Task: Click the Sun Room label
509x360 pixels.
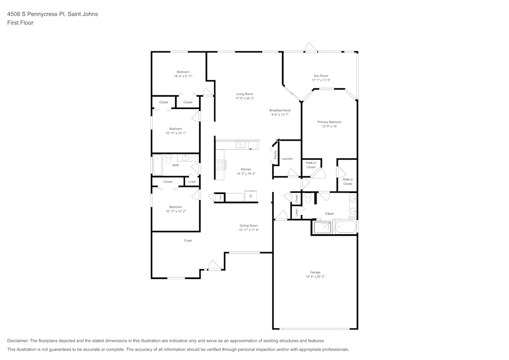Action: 321,76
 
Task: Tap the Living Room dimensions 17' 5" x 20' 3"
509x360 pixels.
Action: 244,98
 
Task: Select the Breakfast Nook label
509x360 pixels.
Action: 279,110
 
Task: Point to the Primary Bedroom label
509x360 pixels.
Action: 329,122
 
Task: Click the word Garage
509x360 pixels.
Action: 315,272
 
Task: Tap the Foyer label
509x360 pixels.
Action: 188,240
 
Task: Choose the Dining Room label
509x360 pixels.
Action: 249,226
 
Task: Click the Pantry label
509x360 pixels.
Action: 275,155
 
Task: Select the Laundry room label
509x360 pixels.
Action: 287,158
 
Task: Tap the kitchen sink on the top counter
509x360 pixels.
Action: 240,145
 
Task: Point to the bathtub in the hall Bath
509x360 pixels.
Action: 158,165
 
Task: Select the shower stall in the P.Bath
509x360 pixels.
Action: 322,227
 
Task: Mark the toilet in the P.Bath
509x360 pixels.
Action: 308,198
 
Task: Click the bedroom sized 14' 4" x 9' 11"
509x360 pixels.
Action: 183,74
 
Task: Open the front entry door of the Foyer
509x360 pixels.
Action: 214,265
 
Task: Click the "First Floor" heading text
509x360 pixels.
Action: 20,23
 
